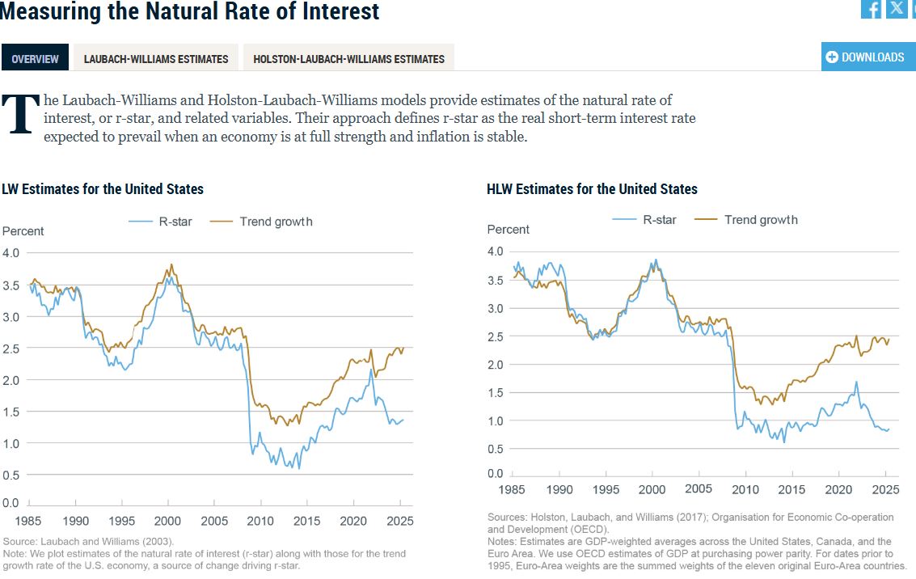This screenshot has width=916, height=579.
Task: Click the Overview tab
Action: (x=36, y=58)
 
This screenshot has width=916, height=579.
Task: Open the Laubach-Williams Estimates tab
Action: (x=156, y=58)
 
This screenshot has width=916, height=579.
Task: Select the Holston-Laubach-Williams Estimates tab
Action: (x=348, y=58)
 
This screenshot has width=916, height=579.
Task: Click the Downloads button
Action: (x=867, y=57)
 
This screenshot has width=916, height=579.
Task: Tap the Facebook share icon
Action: (x=872, y=9)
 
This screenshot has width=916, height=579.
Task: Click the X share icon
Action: (x=896, y=9)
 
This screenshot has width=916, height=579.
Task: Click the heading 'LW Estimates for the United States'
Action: (x=103, y=189)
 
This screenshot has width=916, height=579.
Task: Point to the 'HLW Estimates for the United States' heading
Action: (x=592, y=189)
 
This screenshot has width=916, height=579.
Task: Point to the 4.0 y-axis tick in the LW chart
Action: (x=11, y=253)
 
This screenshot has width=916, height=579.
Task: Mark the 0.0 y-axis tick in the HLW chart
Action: (x=496, y=473)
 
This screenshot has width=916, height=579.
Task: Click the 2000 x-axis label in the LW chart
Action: (x=168, y=521)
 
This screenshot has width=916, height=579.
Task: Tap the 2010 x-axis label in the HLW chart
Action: (x=745, y=489)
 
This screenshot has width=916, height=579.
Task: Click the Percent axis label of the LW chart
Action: (x=23, y=231)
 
